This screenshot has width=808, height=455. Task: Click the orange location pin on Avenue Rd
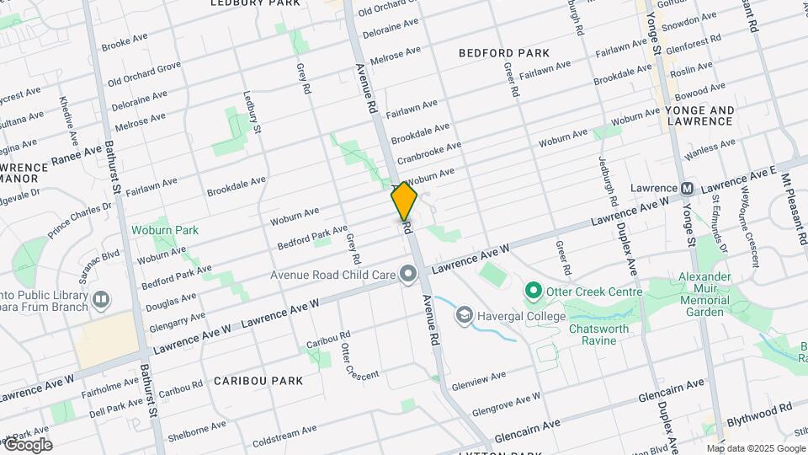point(404,201)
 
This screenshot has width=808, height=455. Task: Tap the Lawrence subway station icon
point(688,188)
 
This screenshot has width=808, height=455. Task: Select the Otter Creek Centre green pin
point(533,292)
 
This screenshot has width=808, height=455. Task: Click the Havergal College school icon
point(464,315)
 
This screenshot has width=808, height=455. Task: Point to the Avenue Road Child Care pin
point(408,274)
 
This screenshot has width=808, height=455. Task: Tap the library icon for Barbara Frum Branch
point(101,299)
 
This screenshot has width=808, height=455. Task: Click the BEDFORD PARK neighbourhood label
point(504,53)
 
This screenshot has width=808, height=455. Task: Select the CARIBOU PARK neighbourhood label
point(258,381)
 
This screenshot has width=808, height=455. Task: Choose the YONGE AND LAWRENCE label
point(699,115)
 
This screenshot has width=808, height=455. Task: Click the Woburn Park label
point(164,230)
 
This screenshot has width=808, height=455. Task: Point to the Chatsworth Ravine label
point(604,335)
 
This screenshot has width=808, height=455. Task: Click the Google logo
point(27,445)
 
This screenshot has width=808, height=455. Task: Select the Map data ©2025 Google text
point(756,448)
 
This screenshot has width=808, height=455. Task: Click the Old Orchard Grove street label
point(144,72)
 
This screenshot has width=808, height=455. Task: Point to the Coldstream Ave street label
point(284,434)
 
